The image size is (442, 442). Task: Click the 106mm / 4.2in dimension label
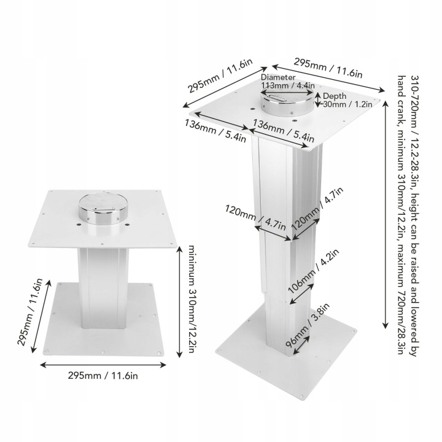tap(313, 271)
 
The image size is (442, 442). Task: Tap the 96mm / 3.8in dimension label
tap(308, 325)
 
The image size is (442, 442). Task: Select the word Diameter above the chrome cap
tap(278, 77)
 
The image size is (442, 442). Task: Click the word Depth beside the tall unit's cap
tap(335, 96)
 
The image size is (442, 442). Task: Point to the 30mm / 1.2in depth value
tap(347, 104)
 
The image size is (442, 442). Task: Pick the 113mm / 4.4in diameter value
tap(288, 85)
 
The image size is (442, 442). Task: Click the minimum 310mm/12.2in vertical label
tap(191, 300)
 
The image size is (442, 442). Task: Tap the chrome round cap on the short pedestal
tap(103, 209)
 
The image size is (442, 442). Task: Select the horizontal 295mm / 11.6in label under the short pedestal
tap(103, 376)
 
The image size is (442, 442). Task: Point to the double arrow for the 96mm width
tap(301, 345)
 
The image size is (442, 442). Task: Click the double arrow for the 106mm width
tap(301, 293)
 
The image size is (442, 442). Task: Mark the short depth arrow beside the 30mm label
tap(318, 99)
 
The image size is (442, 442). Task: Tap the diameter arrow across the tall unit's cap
tap(287, 93)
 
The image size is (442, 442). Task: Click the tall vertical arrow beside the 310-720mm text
tap(386, 215)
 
